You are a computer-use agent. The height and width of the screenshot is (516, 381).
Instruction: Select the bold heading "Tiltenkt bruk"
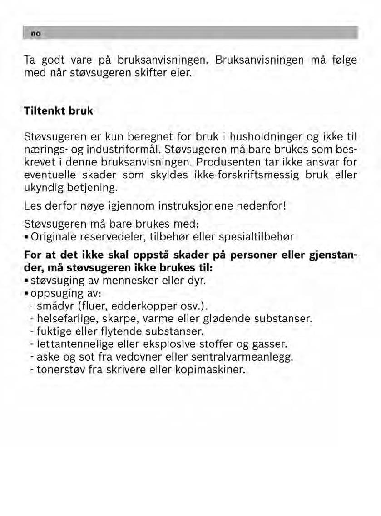coord(59,111)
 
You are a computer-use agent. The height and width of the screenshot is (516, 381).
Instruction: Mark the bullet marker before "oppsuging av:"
coord(27,293)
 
